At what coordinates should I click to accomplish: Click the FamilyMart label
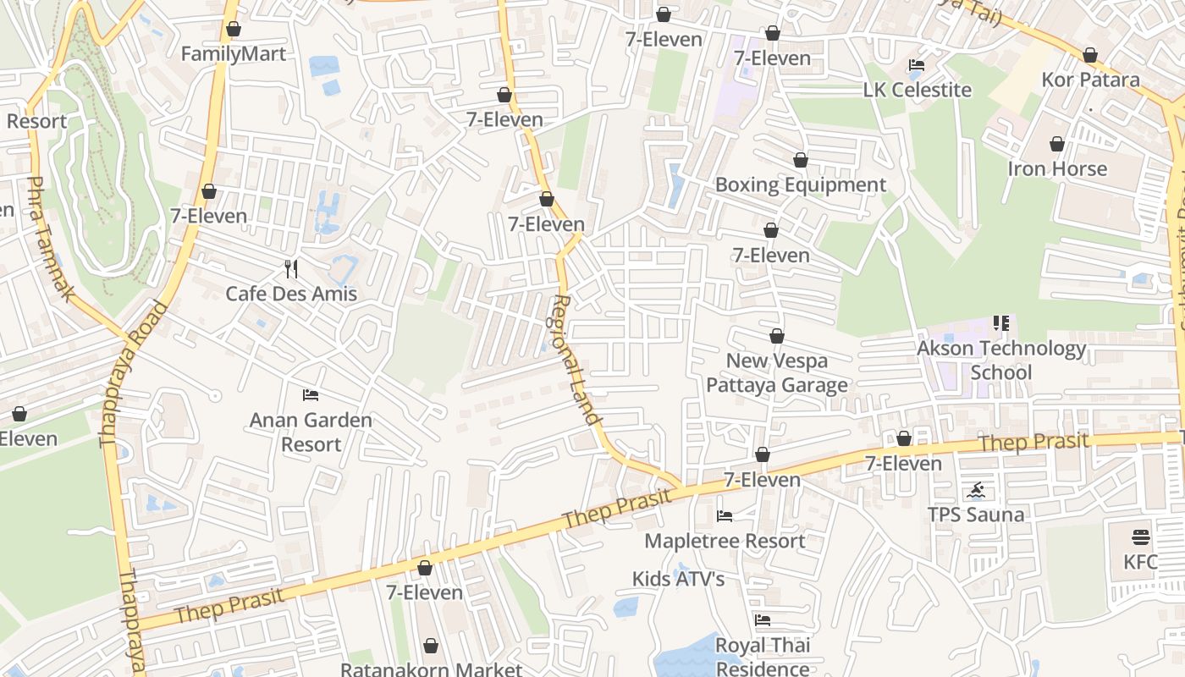pyautogui.click(x=234, y=54)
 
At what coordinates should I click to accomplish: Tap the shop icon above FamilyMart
pyautogui.click(x=234, y=29)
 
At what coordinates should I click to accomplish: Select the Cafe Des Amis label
pyautogui.click(x=291, y=294)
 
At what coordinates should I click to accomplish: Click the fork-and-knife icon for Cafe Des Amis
pyautogui.click(x=291, y=269)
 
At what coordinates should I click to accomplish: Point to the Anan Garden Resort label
pyautogui.click(x=311, y=432)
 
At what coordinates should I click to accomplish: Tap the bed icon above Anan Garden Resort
pyautogui.click(x=311, y=395)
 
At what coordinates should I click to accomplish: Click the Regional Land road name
pyautogui.click(x=577, y=359)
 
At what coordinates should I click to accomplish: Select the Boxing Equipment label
pyautogui.click(x=801, y=184)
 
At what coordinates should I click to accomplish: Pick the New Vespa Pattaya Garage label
pyautogui.click(x=776, y=373)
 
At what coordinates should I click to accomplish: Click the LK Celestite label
pyautogui.click(x=917, y=90)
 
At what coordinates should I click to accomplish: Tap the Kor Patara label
pyautogui.click(x=1090, y=80)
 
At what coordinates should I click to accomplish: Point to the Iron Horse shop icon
pyautogui.click(x=1056, y=145)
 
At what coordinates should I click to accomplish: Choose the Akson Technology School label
pyautogui.click(x=1001, y=360)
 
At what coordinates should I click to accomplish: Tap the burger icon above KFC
pyautogui.click(x=1140, y=537)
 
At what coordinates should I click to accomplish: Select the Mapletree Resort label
pyautogui.click(x=725, y=541)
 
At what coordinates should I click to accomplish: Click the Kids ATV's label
pyautogui.click(x=678, y=579)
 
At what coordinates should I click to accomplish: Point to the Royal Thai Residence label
pyautogui.click(x=763, y=657)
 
